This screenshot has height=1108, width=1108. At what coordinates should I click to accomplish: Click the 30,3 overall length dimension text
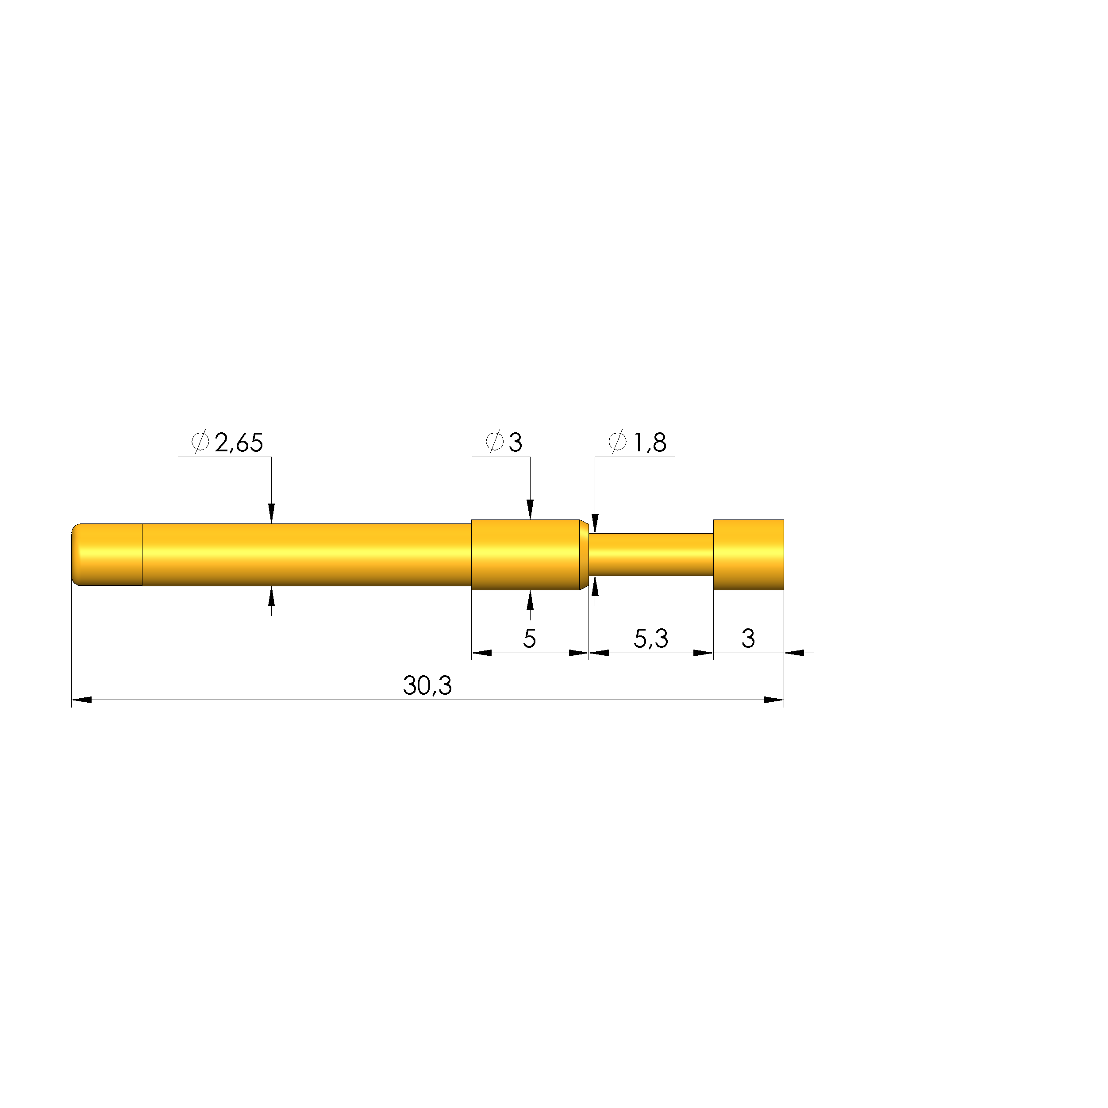click(427, 685)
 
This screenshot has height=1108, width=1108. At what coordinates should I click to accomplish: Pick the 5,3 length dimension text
click(651, 639)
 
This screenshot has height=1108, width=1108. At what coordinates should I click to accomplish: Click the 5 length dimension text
click(529, 639)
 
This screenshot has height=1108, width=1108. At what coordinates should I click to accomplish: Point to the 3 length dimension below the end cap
click(748, 639)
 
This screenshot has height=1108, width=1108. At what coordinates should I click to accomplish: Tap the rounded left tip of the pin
click(74, 554)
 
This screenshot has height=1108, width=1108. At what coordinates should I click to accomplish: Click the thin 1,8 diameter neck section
click(651, 554)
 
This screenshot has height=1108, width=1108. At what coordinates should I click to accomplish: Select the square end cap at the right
click(748, 554)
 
